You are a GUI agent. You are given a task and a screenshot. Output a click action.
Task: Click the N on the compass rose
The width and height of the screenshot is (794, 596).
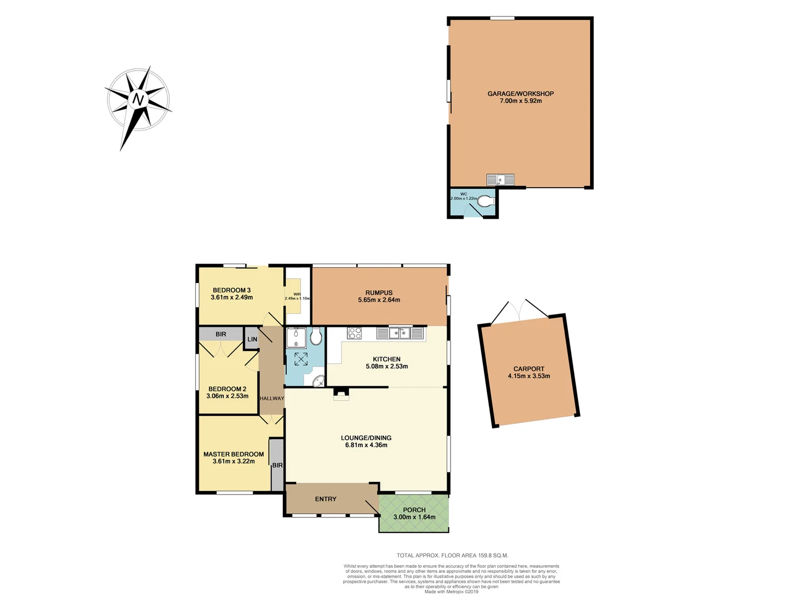(138, 100)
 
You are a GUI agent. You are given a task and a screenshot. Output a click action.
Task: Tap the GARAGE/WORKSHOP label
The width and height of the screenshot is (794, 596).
(521, 94)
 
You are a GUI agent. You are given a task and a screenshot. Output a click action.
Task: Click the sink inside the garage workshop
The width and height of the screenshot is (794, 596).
(501, 180)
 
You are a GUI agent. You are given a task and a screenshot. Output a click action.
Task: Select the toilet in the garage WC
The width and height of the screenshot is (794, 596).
(485, 202)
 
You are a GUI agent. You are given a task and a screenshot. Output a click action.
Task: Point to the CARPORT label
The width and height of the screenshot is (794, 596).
(529, 369)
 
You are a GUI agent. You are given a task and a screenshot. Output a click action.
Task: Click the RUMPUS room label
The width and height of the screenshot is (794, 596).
(379, 293)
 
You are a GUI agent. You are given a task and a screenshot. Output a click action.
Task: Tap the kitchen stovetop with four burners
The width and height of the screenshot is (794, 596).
(354, 333)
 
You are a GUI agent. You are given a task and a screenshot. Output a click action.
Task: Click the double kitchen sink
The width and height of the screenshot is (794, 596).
(400, 333)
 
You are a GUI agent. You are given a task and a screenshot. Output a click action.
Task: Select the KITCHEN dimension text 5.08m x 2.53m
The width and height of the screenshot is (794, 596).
(387, 366)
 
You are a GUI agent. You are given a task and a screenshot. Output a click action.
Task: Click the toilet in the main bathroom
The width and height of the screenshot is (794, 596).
(316, 337)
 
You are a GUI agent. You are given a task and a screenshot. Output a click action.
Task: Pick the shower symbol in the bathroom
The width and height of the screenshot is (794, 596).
(301, 359)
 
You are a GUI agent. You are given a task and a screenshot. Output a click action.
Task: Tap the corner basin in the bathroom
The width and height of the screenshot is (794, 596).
(318, 381)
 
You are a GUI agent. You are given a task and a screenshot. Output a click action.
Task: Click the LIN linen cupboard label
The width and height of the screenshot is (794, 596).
(252, 339)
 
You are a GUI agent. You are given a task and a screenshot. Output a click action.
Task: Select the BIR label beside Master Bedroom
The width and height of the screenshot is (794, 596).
(277, 465)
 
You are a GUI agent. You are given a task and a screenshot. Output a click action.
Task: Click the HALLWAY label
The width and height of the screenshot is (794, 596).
(272, 398)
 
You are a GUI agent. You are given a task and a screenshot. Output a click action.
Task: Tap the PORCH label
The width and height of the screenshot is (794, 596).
(414, 510)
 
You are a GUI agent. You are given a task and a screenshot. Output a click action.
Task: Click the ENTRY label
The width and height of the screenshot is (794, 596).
(325, 499)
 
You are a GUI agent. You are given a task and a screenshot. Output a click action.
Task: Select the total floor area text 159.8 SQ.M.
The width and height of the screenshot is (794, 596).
(452, 556)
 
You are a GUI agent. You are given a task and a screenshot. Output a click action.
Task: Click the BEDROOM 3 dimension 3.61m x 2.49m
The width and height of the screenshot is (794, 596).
(232, 297)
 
